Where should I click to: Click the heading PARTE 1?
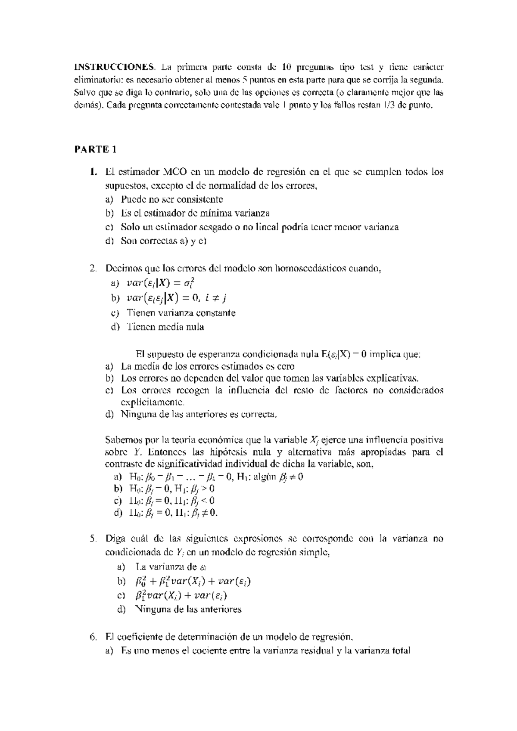pos(95,149)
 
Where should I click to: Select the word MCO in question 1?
pos(174,172)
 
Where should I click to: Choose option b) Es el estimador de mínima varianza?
pos(195,213)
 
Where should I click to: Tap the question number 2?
pos(93,269)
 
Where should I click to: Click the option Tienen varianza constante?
pos(181,313)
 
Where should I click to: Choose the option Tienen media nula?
pos(165,327)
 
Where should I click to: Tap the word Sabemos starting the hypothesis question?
pos(122,440)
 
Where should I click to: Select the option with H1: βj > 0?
pos(171,489)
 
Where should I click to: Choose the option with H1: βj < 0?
pos(171,501)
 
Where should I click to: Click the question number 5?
pos(93,539)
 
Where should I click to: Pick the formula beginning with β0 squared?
pos(189,582)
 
